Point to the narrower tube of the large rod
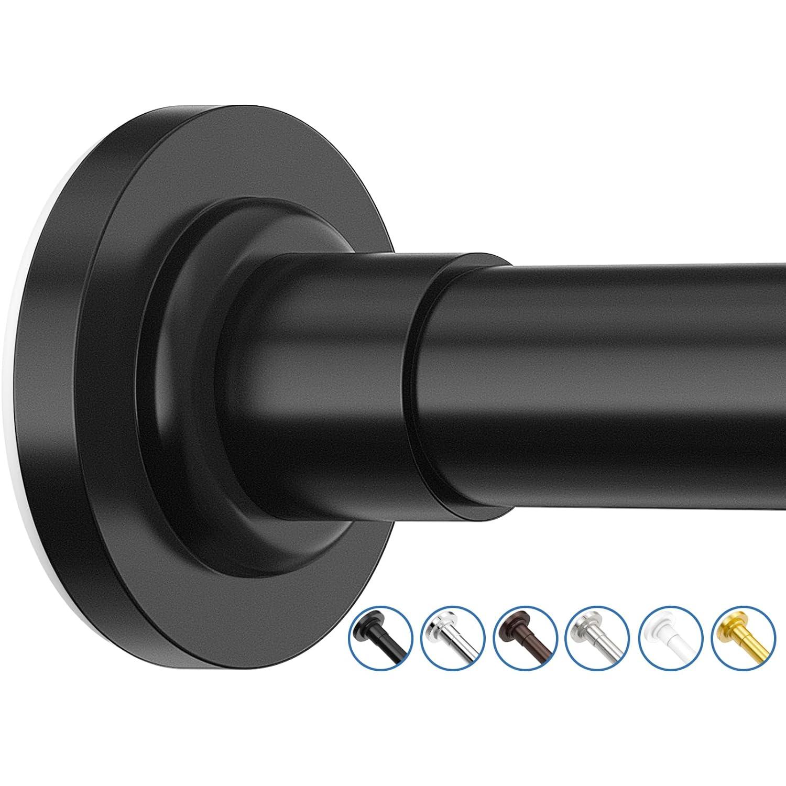[603, 388]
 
